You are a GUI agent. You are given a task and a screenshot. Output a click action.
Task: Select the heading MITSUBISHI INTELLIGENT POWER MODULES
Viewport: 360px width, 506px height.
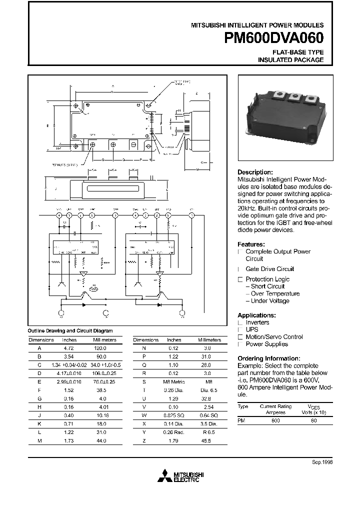coord(258,25)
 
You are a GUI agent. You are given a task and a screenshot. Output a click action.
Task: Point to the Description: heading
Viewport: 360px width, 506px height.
coord(255,172)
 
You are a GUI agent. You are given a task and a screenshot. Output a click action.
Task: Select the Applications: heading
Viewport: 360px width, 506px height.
coord(256,315)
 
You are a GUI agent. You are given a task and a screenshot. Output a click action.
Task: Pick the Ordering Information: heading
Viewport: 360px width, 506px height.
coord(268,358)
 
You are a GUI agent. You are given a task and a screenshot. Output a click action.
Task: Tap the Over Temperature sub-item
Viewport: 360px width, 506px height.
coord(275,293)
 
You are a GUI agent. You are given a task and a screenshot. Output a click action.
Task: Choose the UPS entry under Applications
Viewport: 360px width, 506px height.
coord(252,330)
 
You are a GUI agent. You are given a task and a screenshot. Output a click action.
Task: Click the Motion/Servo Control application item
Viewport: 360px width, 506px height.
coord(274,337)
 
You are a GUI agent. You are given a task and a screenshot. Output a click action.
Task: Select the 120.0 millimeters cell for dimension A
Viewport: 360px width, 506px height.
coord(101,347)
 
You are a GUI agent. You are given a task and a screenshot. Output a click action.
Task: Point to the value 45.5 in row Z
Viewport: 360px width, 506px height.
coord(206,441)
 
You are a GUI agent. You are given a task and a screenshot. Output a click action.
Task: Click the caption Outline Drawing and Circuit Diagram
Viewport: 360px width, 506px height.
coord(69,330)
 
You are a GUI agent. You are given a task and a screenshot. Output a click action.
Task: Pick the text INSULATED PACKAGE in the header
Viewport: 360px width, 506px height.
coord(290,60)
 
